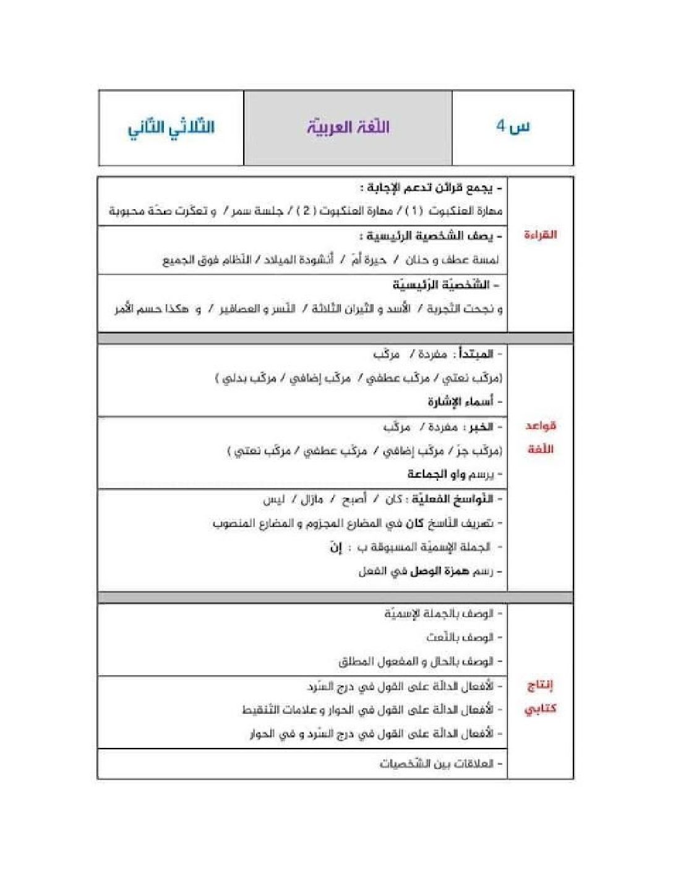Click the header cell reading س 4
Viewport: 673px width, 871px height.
click(x=513, y=127)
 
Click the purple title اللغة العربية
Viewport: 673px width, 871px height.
click(x=348, y=127)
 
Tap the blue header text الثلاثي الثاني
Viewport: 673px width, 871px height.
click(x=171, y=128)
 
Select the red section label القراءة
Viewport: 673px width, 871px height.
click(x=540, y=234)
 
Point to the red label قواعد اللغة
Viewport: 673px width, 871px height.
click(x=541, y=437)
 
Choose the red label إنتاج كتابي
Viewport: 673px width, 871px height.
click(x=540, y=697)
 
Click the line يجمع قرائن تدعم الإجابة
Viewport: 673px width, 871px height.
click(x=431, y=187)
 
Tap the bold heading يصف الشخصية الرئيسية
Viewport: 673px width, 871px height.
click(x=431, y=236)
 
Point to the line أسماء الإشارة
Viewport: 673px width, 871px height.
click(x=461, y=402)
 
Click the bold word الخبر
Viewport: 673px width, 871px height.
click(x=481, y=427)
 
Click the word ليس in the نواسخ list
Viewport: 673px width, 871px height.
click(x=273, y=499)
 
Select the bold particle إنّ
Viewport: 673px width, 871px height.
click(x=336, y=547)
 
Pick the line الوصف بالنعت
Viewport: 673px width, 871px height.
click(x=460, y=637)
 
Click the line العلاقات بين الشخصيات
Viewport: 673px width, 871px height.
click(x=437, y=764)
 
